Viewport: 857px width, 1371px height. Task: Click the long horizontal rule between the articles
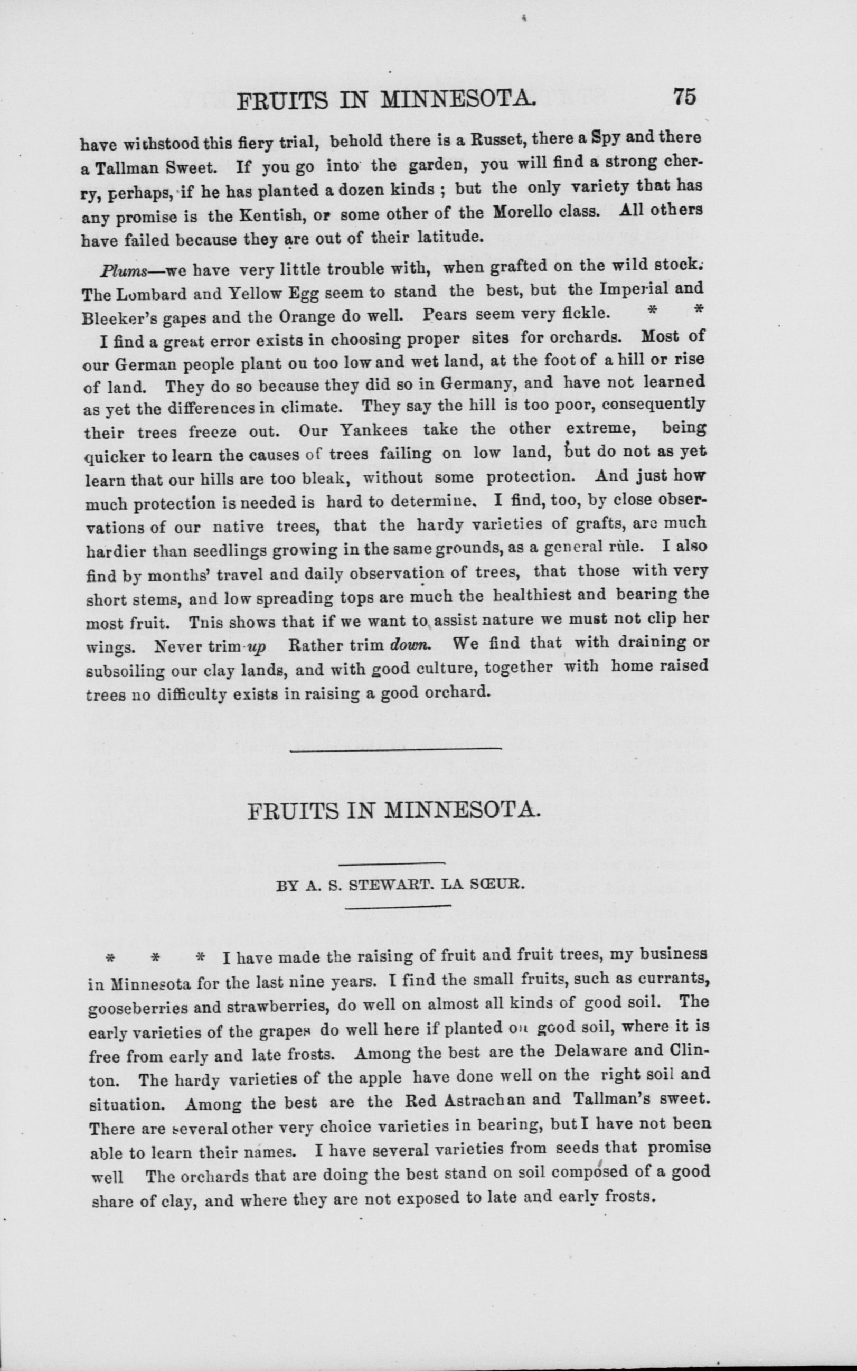395,749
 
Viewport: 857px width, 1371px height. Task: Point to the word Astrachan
496,1100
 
